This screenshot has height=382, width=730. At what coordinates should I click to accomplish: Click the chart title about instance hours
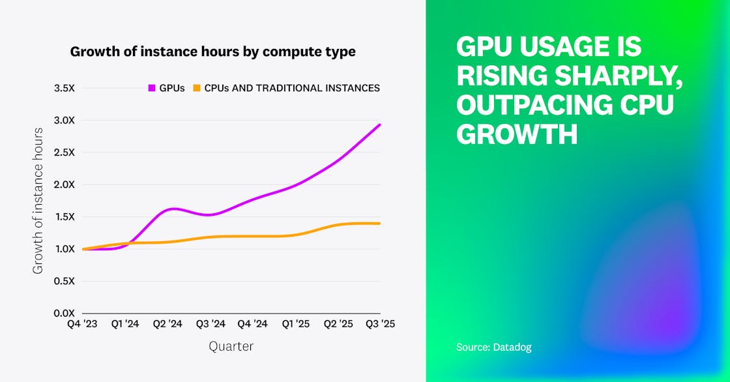point(212,51)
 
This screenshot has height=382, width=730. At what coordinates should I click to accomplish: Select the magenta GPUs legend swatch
point(153,88)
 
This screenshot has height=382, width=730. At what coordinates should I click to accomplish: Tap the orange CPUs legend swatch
point(196,88)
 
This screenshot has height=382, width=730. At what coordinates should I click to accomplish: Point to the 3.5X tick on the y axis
point(65,88)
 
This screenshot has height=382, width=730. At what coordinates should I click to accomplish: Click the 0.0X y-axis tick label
point(65,314)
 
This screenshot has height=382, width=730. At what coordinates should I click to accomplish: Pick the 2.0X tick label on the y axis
point(65,184)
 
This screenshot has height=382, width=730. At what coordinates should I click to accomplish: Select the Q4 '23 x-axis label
point(83,324)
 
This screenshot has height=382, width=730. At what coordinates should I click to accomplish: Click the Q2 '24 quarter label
point(168,324)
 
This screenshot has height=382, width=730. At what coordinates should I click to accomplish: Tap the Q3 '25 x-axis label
point(380,324)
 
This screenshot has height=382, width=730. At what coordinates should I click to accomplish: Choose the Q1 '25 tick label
point(295,324)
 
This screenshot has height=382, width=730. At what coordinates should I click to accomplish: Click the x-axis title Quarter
point(231,347)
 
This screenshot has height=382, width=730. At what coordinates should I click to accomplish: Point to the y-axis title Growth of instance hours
point(38,201)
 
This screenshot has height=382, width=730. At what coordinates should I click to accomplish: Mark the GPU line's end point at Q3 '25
point(380,125)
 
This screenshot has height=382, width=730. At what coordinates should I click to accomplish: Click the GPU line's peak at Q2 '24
point(173,209)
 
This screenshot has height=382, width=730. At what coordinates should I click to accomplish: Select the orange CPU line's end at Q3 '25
point(380,224)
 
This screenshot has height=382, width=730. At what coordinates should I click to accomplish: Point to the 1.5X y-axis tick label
point(65,217)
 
